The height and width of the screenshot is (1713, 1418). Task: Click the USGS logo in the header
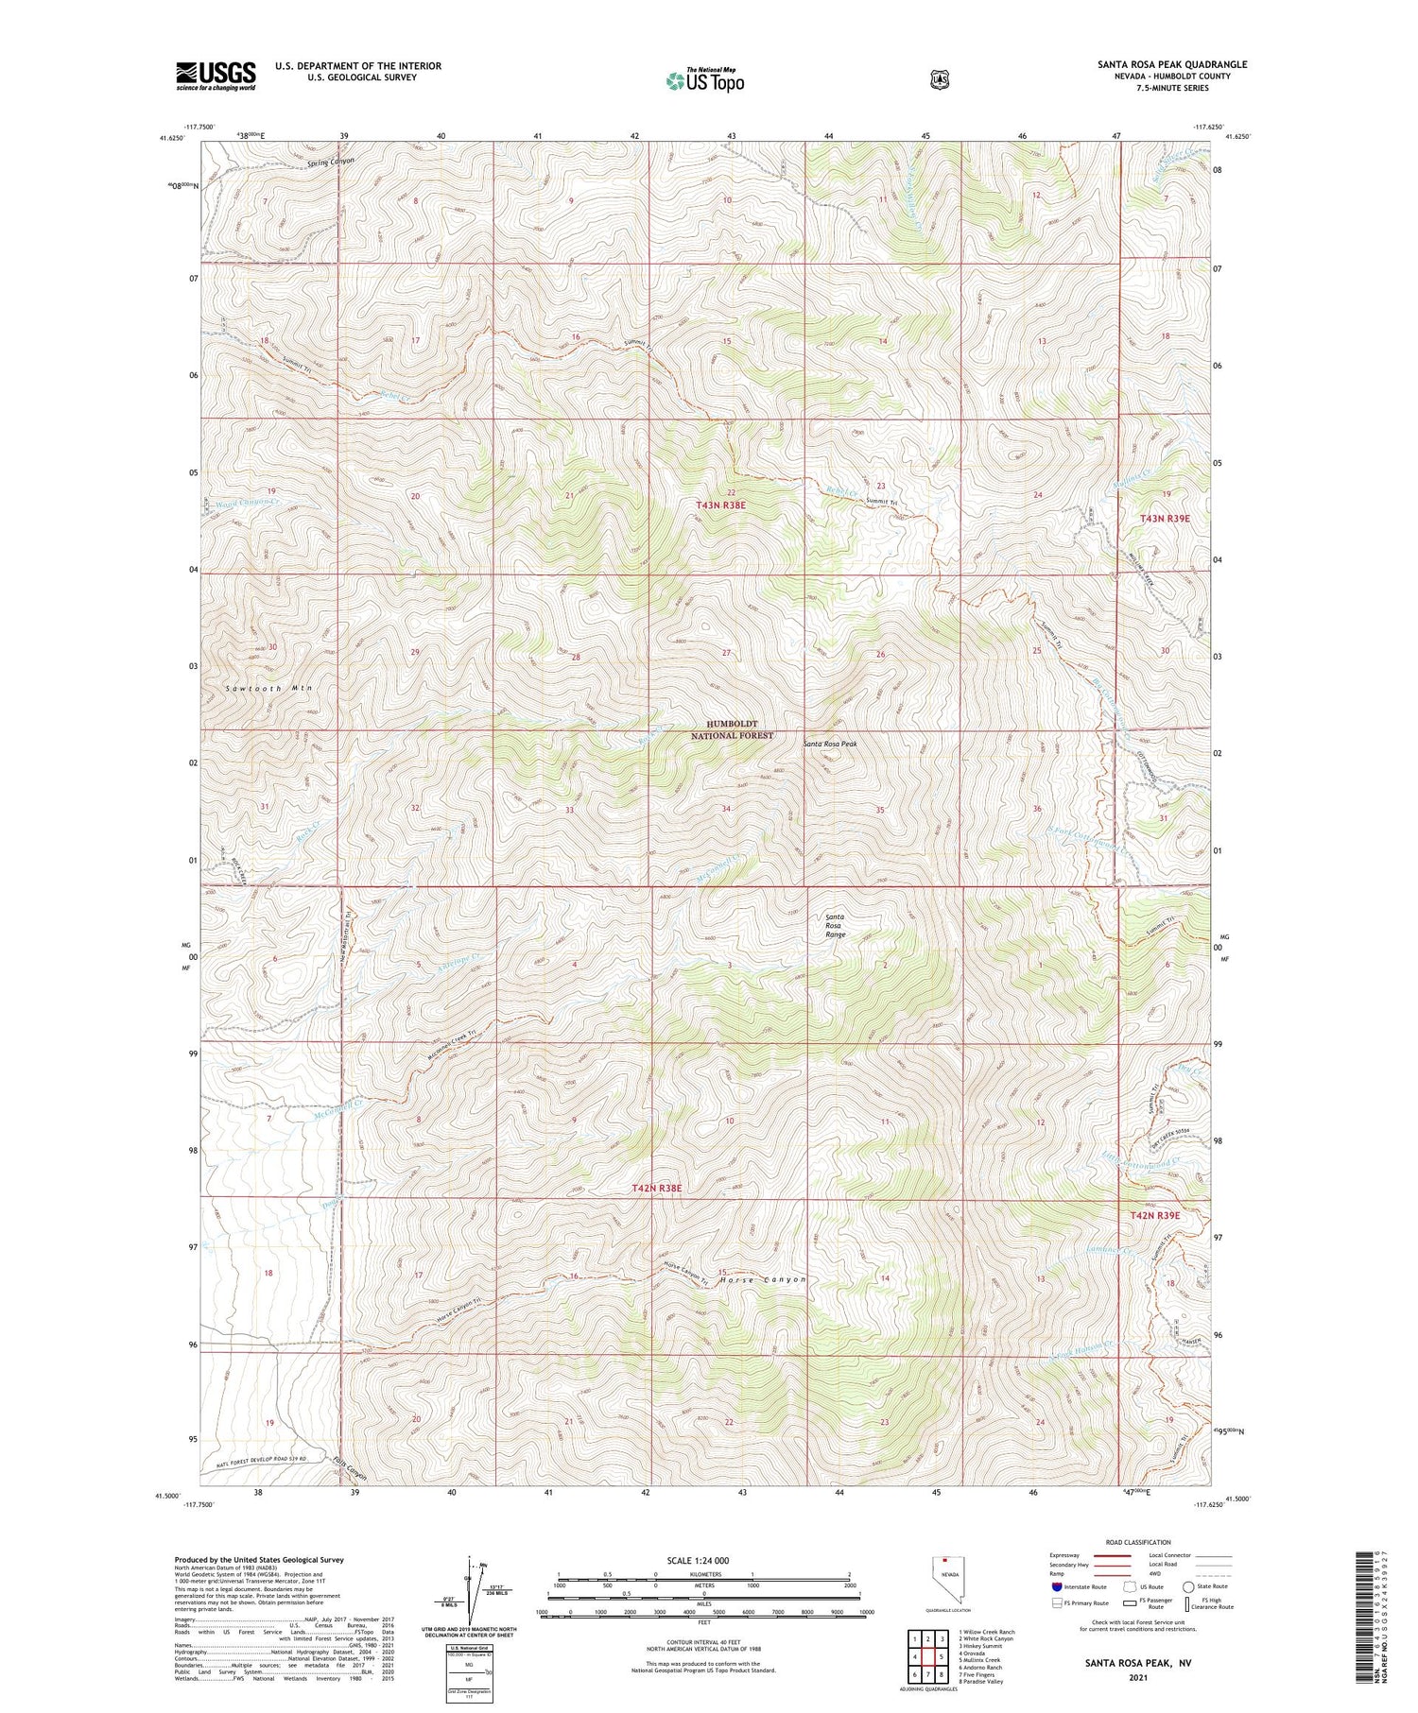[216, 76]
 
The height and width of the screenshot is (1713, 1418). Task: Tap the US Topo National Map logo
[704, 80]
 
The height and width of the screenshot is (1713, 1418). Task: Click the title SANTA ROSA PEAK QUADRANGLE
[1171, 64]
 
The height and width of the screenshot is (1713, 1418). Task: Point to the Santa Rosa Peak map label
[831, 744]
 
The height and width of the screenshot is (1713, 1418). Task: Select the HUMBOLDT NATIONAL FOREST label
[732, 728]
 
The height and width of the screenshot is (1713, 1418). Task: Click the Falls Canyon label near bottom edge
[349, 1470]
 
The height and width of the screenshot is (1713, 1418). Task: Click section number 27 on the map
[726, 653]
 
